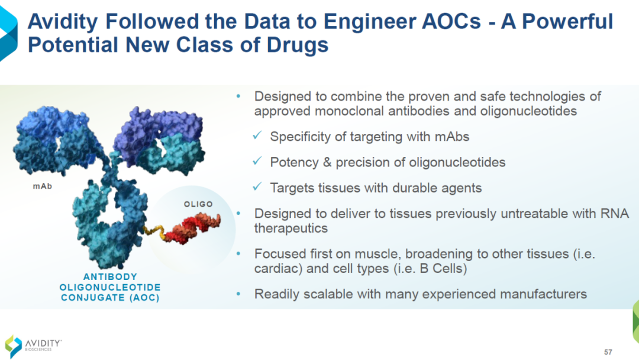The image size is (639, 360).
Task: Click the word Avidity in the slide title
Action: (62, 21)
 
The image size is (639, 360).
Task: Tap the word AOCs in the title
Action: (451, 21)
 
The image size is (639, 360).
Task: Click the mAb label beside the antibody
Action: (43, 187)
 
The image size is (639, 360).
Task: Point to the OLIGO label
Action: (198, 204)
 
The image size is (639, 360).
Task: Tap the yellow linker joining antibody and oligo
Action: (154, 231)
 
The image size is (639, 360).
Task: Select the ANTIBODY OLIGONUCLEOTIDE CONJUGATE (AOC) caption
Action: (110, 287)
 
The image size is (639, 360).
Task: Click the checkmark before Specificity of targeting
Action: (257, 136)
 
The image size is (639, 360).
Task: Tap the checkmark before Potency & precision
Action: (257, 161)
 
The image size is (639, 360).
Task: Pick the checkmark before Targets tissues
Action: (257, 187)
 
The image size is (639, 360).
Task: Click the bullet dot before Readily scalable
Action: (238, 294)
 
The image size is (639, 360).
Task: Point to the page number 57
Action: (608, 352)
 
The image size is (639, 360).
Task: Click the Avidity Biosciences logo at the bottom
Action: (33, 346)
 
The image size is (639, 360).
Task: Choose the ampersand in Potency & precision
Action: (327, 162)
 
